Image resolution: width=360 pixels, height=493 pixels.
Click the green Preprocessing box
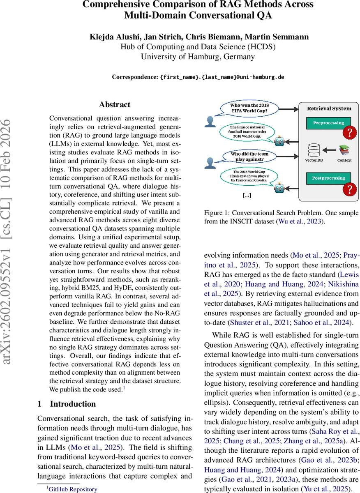click(x=328, y=123)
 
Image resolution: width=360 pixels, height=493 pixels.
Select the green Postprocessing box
click(x=328, y=178)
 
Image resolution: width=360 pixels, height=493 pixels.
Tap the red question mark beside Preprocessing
click(x=350, y=132)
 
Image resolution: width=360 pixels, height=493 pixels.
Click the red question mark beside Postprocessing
click(x=350, y=189)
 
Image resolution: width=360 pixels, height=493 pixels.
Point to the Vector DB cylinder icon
click(x=314, y=150)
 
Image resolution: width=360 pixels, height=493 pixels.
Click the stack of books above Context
click(x=344, y=150)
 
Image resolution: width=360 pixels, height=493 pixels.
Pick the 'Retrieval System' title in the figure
click(x=329, y=108)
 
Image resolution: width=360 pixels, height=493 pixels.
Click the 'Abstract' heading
click(x=115, y=105)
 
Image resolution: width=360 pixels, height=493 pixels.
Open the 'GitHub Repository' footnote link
click(x=73, y=489)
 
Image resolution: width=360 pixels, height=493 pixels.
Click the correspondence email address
click(x=222, y=77)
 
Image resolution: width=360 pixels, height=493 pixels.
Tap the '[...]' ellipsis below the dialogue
click(x=247, y=195)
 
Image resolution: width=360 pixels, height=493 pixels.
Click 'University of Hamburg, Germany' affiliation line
click(x=198, y=57)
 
